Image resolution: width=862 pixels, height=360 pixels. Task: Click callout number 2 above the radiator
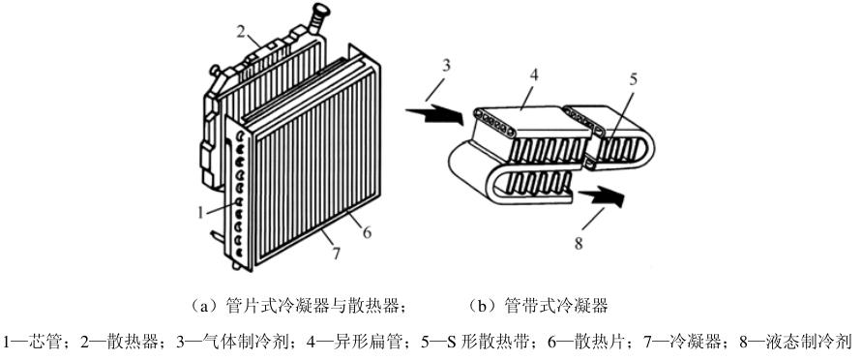(240, 32)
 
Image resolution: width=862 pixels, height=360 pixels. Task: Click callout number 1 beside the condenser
(202, 211)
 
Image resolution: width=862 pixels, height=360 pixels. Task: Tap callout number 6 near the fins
(367, 232)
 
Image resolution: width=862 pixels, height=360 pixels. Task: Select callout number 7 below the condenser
(337, 254)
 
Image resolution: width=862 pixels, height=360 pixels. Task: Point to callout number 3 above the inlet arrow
(446, 65)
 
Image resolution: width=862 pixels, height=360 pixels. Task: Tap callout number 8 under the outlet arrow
(579, 243)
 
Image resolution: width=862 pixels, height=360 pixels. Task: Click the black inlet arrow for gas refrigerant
(436, 114)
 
